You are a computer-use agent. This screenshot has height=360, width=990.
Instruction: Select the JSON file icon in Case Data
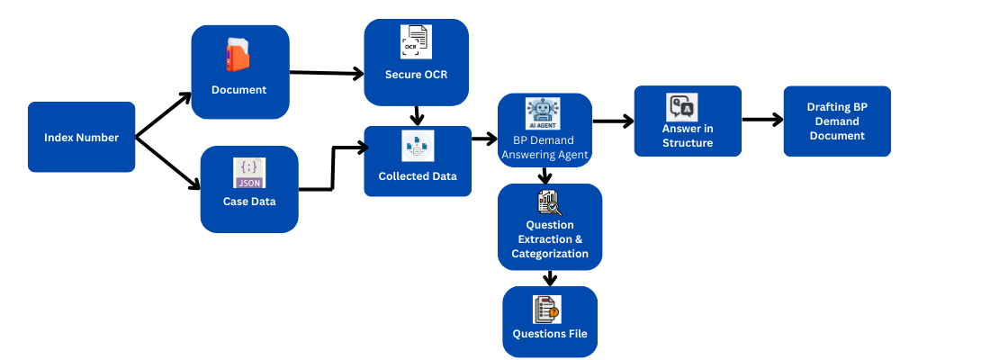pos(249,173)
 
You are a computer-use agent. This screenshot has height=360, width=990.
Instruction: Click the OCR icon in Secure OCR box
pos(416,42)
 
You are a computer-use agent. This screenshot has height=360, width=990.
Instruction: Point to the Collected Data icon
pos(418,146)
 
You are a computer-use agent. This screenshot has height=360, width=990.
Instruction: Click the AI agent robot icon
pos(543,114)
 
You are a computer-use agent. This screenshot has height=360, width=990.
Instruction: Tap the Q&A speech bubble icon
pos(681,108)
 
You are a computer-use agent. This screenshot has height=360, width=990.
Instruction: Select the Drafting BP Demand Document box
pos(837,121)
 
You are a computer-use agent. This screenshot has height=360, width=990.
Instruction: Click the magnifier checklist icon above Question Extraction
pos(549,202)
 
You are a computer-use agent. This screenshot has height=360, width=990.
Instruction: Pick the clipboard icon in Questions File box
pos(546,310)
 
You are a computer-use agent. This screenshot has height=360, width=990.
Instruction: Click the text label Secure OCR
pos(416,75)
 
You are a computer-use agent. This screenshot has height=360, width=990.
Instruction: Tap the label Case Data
pos(249,202)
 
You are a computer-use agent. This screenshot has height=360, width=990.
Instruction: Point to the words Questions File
pos(550,334)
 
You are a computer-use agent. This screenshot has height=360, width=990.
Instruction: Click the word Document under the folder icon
pos(238,90)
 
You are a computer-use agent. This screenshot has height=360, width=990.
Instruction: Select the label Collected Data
pos(418,176)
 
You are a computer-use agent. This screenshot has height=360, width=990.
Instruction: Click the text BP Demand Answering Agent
pos(544,148)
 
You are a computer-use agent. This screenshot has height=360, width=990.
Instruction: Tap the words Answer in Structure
pos(688,136)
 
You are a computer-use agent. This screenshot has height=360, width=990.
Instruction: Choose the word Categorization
pos(550,254)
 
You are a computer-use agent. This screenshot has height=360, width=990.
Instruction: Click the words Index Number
pos(81,138)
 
